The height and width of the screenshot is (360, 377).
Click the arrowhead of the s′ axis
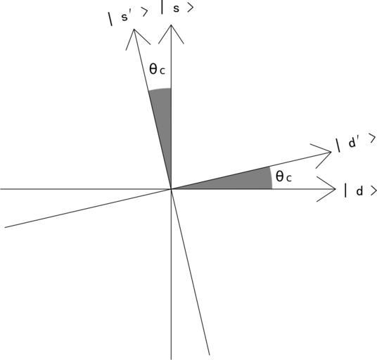point(134,30)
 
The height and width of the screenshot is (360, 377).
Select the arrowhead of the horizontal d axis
point(335,189)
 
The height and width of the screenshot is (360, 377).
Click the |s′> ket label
point(128,16)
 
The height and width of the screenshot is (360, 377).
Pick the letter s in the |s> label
point(177,8)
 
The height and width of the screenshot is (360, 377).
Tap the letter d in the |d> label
point(359,191)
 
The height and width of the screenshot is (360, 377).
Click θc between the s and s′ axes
point(158,69)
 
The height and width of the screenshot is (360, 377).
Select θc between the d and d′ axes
point(283,176)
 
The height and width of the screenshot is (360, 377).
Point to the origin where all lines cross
point(171,189)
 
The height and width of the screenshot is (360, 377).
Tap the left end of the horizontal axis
point(1,189)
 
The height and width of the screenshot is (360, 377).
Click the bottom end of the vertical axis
point(171,359)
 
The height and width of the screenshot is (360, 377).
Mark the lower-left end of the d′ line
point(5,227)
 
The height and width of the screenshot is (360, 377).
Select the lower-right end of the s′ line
point(210,354)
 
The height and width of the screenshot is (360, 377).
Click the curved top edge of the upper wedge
point(160,89)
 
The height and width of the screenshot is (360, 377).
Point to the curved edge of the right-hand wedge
point(271,178)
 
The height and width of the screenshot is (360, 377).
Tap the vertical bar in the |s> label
point(162,7)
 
